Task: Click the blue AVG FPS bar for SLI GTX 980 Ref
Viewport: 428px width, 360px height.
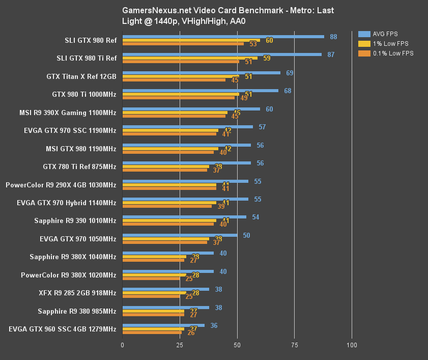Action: click(223, 37)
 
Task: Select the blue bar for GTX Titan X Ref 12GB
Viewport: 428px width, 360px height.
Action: click(201, 73)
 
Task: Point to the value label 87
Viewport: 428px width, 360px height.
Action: click(331, 54)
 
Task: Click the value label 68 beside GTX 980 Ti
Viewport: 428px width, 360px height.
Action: click(288, 91)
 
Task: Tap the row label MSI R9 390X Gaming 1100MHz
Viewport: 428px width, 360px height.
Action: click(67, 113)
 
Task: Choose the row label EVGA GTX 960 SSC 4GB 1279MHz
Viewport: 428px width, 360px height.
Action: click(62, 329)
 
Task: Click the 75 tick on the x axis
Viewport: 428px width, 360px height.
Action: click(294, 345)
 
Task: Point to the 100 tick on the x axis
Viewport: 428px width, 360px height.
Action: click(351, 345)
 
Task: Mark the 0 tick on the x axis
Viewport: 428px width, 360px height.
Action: click(122, 345)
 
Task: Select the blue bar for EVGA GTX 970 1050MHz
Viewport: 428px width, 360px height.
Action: click(180, 235)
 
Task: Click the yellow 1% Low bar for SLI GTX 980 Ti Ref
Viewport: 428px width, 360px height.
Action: click(190, 58)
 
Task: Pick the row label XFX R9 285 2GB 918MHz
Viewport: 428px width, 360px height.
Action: click(77, 293)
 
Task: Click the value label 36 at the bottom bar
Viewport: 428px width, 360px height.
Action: click(214, 325)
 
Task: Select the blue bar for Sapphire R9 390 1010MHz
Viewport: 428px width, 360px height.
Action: click(184, 217)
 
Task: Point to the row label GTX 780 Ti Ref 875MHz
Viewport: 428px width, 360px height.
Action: click(79, 167)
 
